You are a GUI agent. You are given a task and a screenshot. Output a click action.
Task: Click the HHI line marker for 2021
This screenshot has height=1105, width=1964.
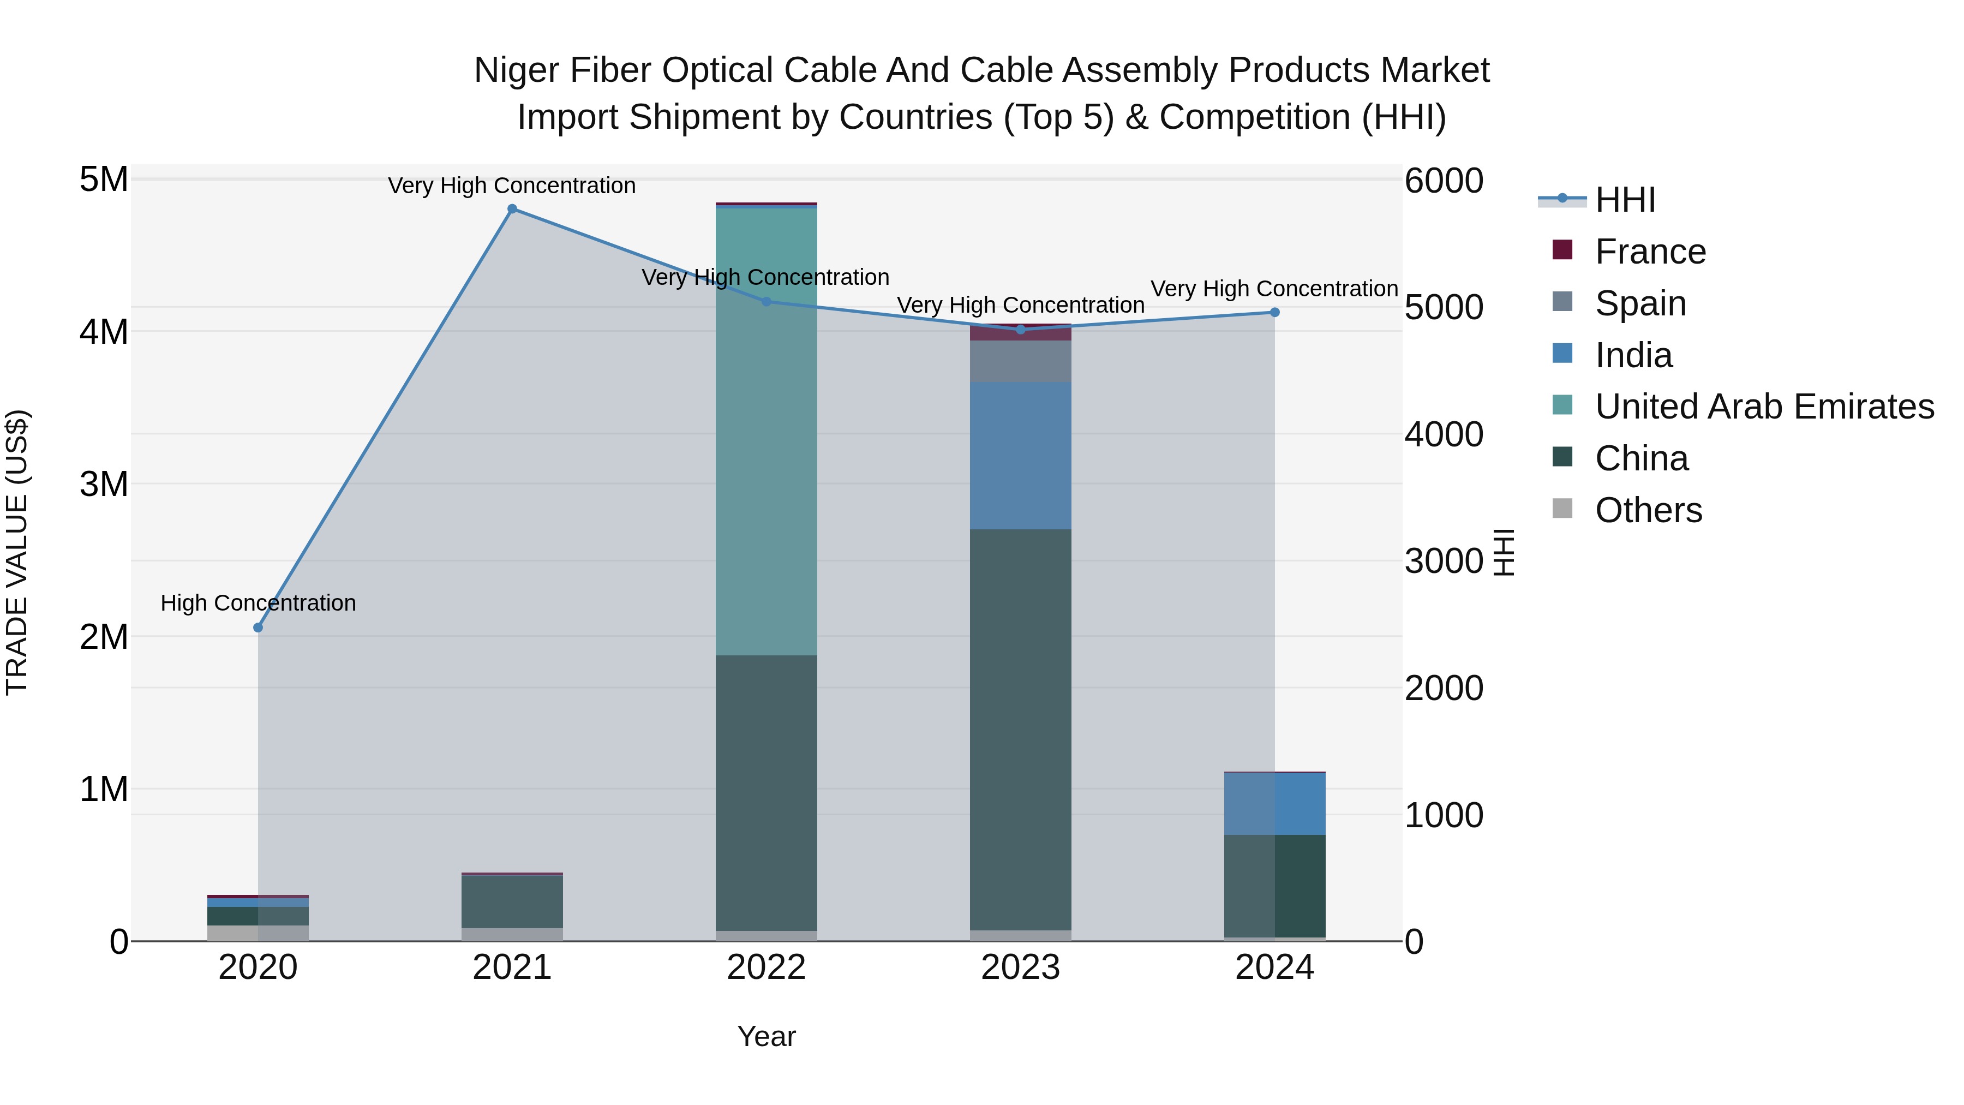click(x=512, y=209)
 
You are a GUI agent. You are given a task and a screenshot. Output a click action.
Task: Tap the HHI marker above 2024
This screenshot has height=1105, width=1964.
click(x=1275, y=312)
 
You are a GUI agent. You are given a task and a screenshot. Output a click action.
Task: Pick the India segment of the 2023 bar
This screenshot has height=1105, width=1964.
click(x=1020, y=455)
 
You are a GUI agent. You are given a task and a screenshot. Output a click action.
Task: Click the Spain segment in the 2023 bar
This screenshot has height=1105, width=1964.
click(x=1020, y=361)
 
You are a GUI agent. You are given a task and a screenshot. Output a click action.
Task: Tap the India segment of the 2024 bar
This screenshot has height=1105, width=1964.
click(x=1275, y=804)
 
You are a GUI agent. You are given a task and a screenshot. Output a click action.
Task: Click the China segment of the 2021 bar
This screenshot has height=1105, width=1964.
click(x=512, y=901)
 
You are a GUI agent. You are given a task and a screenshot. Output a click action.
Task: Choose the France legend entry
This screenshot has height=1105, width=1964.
click(x=1650, y=252)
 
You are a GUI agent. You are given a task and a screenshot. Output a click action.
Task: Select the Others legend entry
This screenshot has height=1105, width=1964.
click(x=1648, y=510)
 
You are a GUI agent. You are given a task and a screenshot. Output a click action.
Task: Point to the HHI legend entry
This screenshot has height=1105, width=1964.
click(x=1624, y=200)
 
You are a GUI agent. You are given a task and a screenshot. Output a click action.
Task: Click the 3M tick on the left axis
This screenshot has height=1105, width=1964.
click(x=104, y=484)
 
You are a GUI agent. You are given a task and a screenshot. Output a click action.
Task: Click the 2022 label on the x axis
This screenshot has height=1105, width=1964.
click(x=767, y=967)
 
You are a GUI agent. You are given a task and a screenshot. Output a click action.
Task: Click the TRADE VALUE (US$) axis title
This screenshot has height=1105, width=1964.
click(x=17, y=552)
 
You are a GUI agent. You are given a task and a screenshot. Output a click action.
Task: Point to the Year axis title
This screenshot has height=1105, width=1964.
click(x=767, y=1036)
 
